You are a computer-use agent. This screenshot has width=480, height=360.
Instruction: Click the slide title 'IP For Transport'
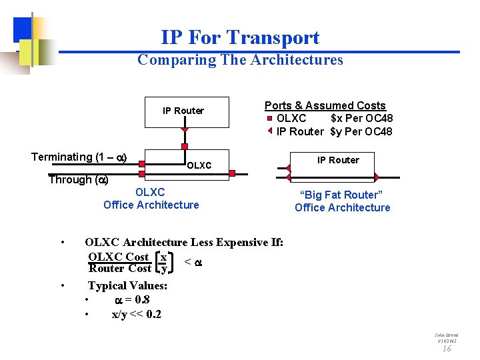point(240,38)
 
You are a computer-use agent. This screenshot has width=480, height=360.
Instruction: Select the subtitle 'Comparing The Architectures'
point(240,60)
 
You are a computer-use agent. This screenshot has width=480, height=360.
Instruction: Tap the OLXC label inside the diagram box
point(199,165)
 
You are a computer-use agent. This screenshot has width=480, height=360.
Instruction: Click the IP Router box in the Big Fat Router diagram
point(338,160)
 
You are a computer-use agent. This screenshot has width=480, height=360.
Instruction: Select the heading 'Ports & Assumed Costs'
point(325,105)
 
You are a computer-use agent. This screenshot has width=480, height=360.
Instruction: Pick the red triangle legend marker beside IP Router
point(270,131)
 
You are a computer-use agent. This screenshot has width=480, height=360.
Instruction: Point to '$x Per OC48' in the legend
point(361,119)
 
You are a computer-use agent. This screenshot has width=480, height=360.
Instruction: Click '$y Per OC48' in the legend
point(361,131)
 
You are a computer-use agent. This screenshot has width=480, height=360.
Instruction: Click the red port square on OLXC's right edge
point(231,173)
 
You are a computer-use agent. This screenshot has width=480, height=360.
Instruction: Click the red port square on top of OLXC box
point(184,147)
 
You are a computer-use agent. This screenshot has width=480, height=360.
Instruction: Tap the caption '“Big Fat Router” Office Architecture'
point(342,201)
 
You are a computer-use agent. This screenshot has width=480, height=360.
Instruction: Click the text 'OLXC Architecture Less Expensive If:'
point(184,242)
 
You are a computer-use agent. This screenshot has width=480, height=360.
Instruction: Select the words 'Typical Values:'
point(127,285)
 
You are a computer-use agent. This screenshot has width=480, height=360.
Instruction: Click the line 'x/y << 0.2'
point(136,314)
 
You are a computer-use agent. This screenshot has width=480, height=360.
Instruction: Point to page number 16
point(447,348)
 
